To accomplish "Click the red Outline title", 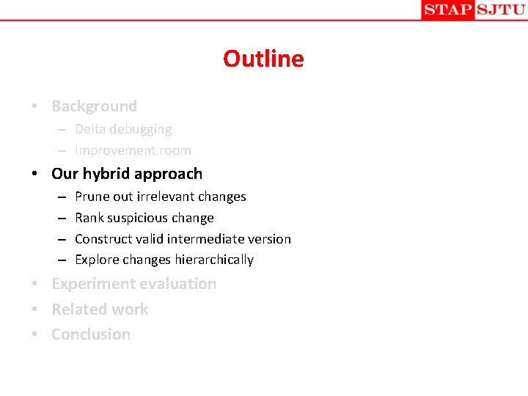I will (263, 59).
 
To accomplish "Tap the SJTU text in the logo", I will (500, 10).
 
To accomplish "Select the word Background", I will (94, 106).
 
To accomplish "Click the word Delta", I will (91, 129).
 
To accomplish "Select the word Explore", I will (96, 260).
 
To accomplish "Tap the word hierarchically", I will (214, 260).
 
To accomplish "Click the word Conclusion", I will (91, 334).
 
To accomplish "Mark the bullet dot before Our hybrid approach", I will (35, 175).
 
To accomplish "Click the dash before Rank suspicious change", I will (59, 218).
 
